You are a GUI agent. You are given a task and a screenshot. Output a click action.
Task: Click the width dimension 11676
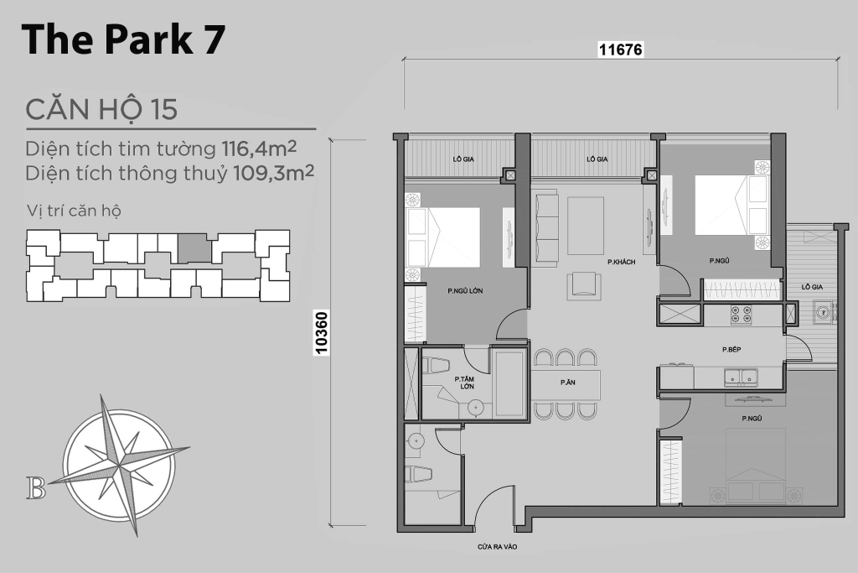point(621,49)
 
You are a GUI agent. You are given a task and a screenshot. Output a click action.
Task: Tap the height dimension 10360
point(322,333)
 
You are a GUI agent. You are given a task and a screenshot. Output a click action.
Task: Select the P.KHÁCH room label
point(621,262)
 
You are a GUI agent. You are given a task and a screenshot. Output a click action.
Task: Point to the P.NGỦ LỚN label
point(465,291)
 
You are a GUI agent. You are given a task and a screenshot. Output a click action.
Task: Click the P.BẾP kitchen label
point(731,349)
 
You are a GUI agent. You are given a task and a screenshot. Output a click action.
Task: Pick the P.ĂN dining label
point(567,383)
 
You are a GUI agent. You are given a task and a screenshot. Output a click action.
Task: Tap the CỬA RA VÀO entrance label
point(497,547)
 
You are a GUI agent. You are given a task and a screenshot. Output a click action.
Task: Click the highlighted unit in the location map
point(194,247)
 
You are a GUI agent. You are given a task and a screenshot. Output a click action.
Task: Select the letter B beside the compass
point(36,488)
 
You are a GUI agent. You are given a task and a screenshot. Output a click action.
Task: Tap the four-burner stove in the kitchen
point(741,314)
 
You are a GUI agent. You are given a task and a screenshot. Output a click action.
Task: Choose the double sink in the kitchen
point(741,377)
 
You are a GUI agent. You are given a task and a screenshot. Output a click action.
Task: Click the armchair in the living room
point(584,285)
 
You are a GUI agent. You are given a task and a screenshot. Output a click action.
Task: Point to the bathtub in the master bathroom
point(509,383)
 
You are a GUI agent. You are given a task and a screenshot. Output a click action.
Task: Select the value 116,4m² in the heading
point(259,148)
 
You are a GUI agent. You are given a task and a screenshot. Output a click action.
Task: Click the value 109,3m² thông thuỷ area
point(274,173)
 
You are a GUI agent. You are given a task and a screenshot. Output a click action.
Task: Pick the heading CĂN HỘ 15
point(101,109)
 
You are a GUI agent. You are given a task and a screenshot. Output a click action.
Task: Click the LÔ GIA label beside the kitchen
point(812,287)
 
